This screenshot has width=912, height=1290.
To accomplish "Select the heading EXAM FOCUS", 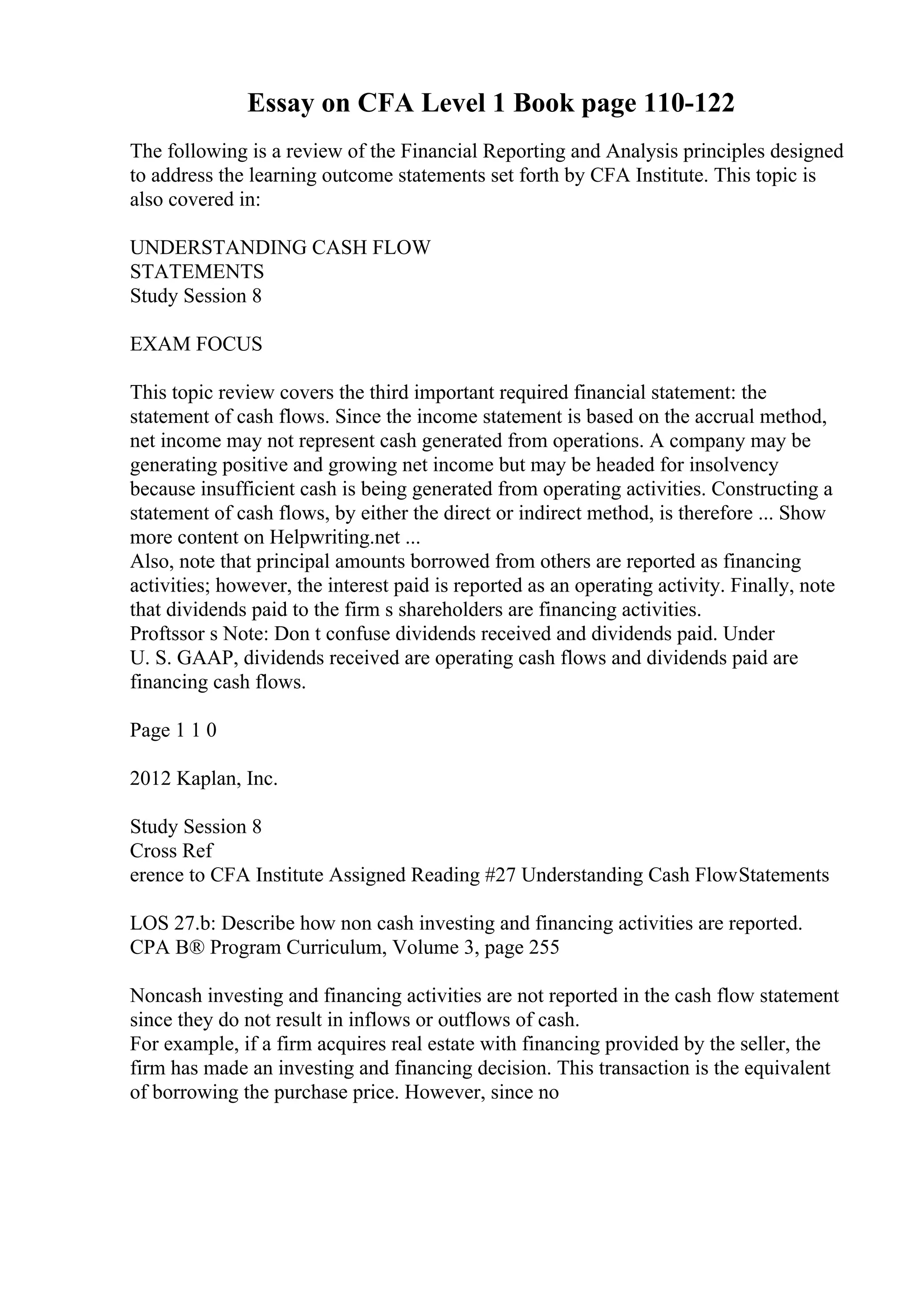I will [196, 344].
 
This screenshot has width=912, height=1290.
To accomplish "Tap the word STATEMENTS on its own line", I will [197, 272].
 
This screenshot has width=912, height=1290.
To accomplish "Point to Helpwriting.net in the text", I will [335, 538].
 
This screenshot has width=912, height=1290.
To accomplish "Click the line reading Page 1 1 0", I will [173, 730].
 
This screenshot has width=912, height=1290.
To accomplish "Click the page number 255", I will [543, 947].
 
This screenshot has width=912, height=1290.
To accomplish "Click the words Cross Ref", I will [171, 851].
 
